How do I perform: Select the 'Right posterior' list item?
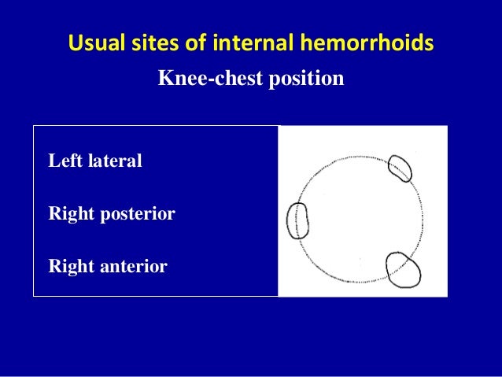pos(112,214)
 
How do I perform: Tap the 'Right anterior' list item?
pos(108,267)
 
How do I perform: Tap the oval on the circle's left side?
pos(298,220)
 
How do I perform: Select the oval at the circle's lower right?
pos(403,270)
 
